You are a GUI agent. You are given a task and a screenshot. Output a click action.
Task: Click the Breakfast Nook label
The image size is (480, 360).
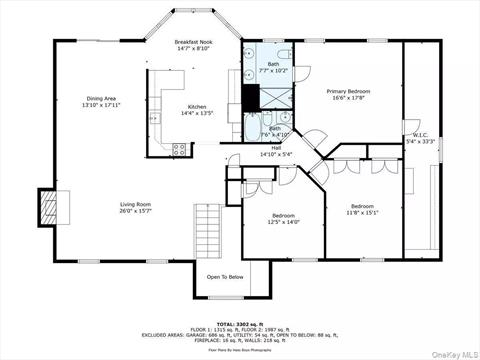(193, 42)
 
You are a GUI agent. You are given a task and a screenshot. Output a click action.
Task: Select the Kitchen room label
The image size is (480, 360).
(197, 108)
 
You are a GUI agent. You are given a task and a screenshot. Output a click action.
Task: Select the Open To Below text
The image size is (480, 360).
(225, 277)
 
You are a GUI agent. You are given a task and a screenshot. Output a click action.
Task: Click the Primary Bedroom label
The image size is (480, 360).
(349, 91)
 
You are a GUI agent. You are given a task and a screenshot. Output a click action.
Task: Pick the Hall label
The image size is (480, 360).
(275, 148)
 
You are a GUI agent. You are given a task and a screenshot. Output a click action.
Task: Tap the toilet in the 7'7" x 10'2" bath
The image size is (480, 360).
(282, 52)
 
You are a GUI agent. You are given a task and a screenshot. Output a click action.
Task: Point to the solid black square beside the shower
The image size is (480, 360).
(250, 97)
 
